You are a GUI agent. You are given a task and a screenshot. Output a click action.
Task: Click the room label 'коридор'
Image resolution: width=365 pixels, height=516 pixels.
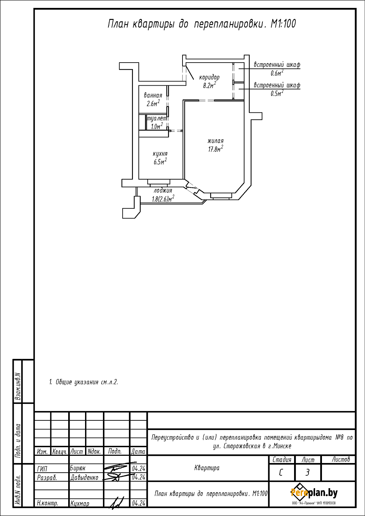[x=209, y=77]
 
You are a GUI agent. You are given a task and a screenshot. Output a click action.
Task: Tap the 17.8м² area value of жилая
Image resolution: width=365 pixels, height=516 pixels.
[x=216, y=149]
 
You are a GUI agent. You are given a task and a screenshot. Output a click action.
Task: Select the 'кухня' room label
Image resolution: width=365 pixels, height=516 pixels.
[x=160, y=154]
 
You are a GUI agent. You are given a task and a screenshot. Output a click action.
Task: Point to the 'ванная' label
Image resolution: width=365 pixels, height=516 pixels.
[x=153, y=95]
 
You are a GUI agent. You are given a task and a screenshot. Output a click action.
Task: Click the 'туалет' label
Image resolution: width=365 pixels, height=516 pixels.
[x=157, y=119]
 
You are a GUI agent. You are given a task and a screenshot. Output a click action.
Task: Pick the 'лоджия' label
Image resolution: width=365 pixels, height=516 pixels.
[x=163, y=191]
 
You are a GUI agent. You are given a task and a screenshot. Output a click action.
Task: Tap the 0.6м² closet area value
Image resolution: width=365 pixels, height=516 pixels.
[x=277, y=73]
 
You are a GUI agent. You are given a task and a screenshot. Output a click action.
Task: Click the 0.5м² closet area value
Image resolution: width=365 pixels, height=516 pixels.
[x=277, y=94]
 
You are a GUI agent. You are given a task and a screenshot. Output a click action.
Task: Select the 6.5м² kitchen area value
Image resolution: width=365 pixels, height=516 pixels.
[x=160, y=162]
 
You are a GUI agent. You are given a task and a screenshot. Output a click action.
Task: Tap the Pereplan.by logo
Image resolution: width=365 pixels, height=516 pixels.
[x=314, y=493]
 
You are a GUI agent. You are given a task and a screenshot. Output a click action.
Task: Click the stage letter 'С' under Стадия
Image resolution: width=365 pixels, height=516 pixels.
[x=281, y=473]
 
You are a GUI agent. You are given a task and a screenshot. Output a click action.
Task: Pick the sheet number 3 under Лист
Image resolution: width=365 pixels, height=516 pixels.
[x=307, y=473]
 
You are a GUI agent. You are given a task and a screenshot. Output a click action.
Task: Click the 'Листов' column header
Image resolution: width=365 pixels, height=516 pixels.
[x=341, y=459]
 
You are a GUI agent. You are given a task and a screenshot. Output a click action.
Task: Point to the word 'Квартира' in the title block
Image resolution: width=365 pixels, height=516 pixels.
[x=207, y=467]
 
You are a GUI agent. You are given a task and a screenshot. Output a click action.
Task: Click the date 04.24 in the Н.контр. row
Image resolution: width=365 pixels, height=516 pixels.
[x=138, y=503]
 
